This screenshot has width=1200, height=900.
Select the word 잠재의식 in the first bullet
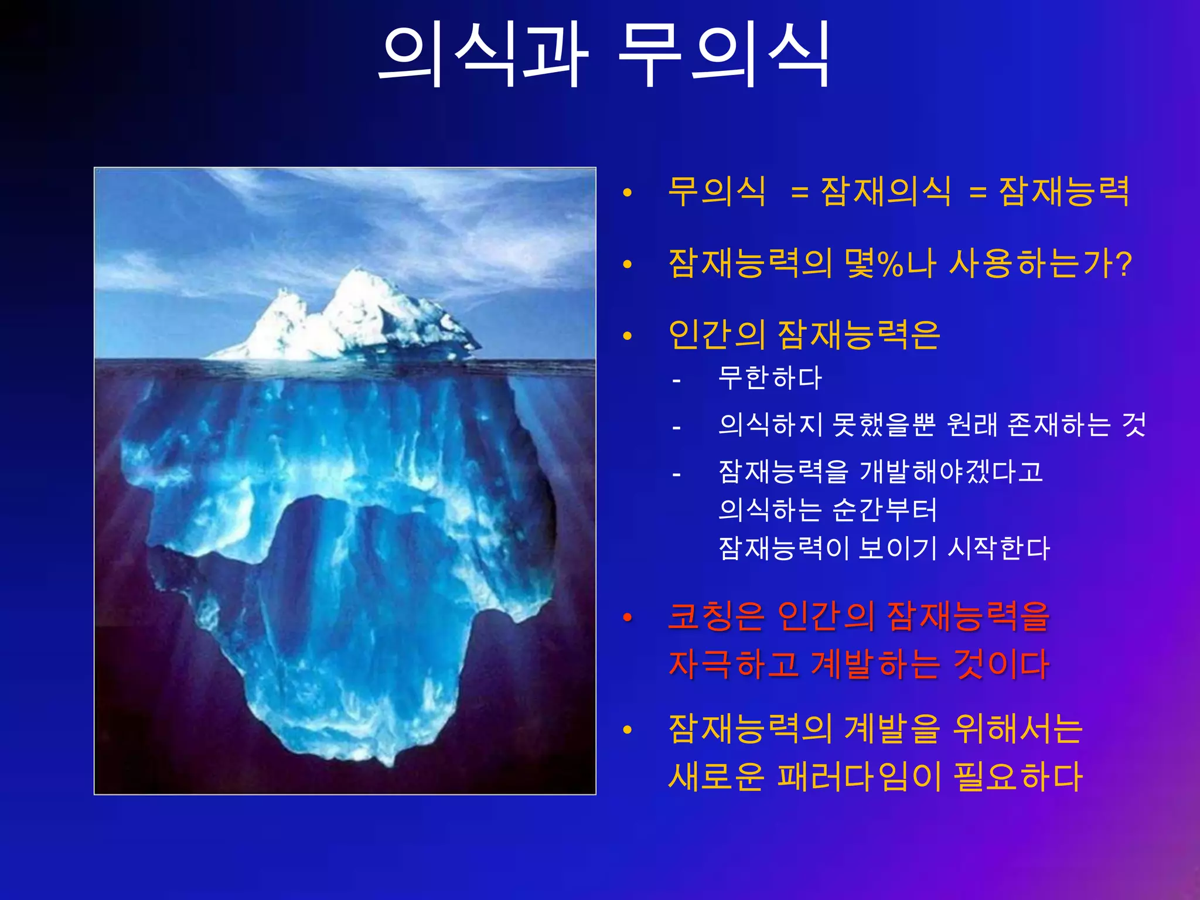886,192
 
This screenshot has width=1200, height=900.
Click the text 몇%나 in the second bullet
891,264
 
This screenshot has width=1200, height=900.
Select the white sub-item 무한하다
770,378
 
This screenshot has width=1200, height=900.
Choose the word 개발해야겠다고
950,472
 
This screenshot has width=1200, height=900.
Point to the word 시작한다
998,548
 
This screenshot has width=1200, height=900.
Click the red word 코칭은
716,616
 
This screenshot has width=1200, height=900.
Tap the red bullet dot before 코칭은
628,618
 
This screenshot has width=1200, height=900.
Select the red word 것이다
1001,664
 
